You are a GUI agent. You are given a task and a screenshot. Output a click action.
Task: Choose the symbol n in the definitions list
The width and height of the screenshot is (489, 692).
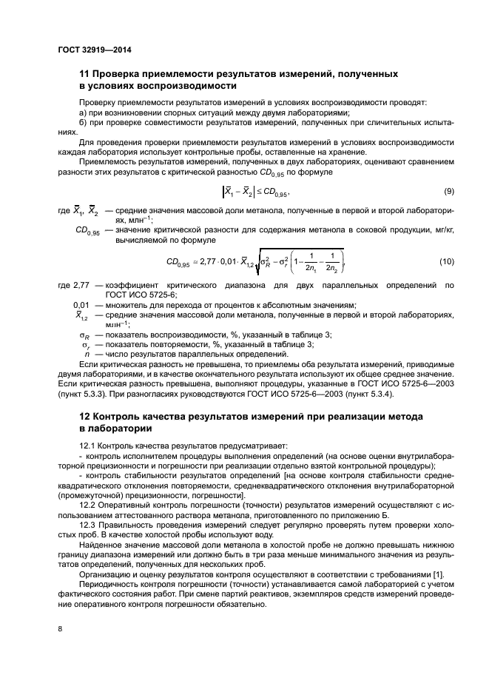click(89, 354)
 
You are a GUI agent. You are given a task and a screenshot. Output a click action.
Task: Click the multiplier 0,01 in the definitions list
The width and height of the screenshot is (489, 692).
click(81, 306)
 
